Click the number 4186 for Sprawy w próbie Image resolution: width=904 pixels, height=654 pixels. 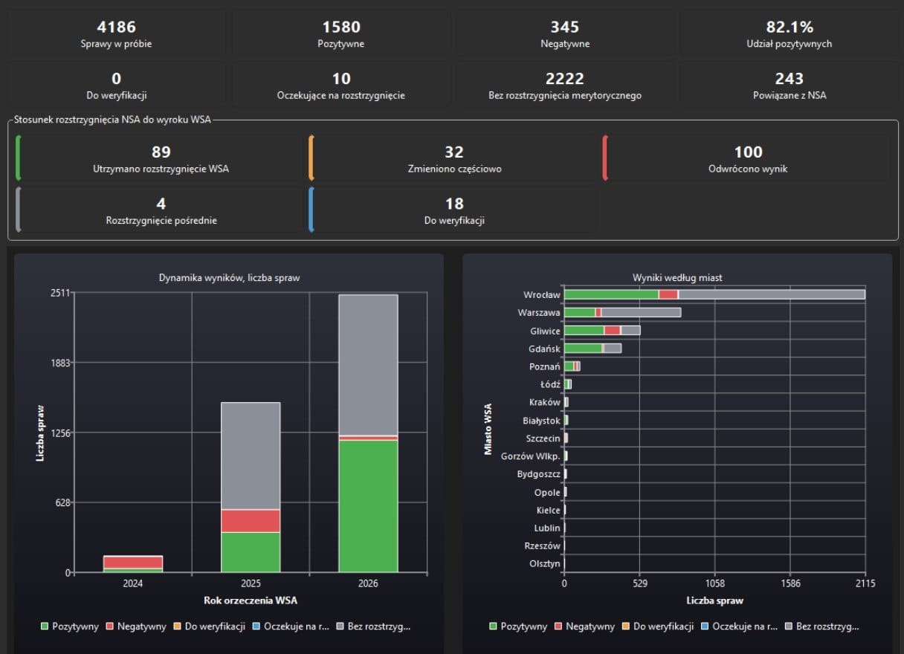(116, 27)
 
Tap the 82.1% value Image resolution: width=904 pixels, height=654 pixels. (790, 27)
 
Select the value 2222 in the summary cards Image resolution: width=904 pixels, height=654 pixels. (564, 79)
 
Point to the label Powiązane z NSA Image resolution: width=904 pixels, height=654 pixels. (790, 95)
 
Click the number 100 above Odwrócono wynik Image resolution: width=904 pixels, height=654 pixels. (748, 152)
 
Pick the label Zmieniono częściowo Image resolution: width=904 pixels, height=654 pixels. (454, 169)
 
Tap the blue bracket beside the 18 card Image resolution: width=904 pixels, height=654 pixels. (311, 210)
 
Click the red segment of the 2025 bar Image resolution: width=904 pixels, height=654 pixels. (251, 520)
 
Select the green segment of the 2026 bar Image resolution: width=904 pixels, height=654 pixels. (368, 506)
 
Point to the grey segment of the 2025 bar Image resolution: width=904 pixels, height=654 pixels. (251, 456)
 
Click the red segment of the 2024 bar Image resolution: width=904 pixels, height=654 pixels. (133, 562)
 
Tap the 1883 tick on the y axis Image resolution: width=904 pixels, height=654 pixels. (60, 363)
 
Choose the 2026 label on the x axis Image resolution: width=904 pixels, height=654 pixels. (368, 583)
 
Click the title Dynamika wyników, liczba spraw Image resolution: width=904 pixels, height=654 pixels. (229, 277)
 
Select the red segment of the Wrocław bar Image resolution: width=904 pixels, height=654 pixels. (668, 294)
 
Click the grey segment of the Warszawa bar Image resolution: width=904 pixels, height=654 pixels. (641, 312)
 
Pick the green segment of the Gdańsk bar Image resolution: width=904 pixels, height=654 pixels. (583, 349)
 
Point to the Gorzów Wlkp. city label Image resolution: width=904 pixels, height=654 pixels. (530, 456)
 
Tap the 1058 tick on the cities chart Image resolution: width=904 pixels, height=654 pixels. (714, 583)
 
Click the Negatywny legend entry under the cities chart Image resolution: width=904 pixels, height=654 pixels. (585, 627)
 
